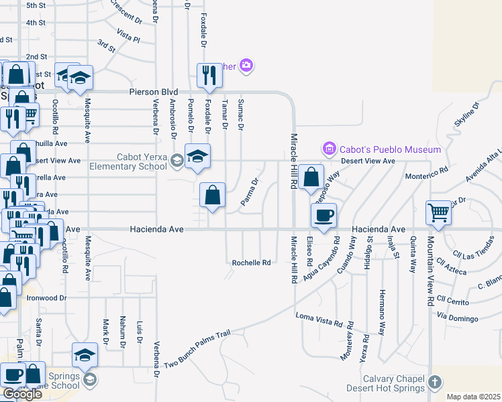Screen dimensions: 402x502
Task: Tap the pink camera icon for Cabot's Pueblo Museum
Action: pos(329,148)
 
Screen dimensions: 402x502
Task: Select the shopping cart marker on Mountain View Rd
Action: pos(438,212)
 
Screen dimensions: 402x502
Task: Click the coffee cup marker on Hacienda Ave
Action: pos(323,216)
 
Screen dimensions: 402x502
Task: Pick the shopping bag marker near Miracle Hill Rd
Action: pos(310,178)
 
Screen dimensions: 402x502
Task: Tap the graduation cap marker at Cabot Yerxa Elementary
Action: pos(197,157)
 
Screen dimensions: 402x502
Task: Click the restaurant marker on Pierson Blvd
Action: pos(209,76)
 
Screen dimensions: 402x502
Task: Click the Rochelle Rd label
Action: pos(251,263)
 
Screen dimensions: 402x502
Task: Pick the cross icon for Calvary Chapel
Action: pos(435,383)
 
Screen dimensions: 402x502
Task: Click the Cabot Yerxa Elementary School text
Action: pos(142,161)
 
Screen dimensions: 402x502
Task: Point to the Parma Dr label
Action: pos(250,192)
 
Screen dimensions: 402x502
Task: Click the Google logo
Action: pos(22,394)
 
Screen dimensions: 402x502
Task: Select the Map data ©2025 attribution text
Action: pos(472,397)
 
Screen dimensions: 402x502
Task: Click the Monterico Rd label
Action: pos(425,177)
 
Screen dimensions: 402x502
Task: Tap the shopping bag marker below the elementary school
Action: pos(212,196)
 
